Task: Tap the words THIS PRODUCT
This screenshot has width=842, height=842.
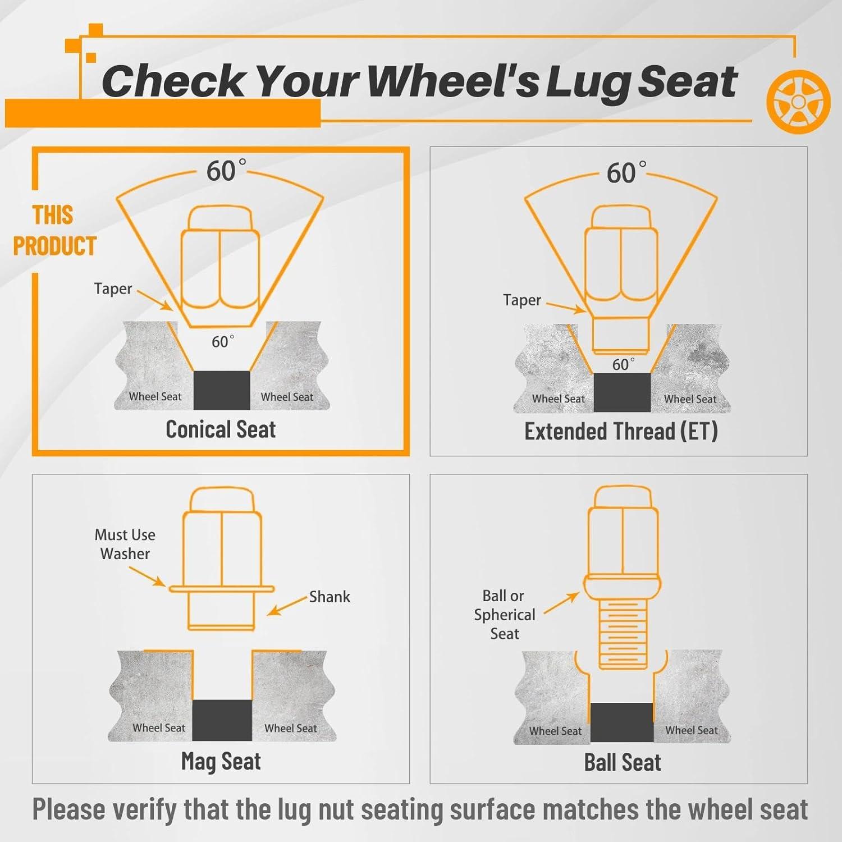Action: click(54, 231)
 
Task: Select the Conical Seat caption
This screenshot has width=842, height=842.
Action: click(221, 429)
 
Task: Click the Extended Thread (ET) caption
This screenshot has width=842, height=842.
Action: click(621, 431)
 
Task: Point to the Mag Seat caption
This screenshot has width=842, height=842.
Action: click(221, 762)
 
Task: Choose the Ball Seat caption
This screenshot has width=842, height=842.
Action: click(623, 762)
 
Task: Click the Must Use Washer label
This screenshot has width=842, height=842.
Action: click(125, 544)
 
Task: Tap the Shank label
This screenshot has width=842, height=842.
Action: click(330, 597)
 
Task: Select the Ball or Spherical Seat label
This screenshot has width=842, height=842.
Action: click(504, 615)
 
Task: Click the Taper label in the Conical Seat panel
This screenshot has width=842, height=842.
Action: click(113, 289)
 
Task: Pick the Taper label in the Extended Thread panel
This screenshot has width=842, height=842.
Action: click(522, 300)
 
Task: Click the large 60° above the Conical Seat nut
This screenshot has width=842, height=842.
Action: click(226, 170)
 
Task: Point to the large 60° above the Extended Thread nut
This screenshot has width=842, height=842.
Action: click(626, 172)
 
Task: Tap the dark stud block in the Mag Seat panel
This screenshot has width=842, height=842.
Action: click(222, 720)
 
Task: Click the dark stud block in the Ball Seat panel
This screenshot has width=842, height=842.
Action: click(622, 722)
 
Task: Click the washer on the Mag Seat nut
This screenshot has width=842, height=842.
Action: click(221, 589)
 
